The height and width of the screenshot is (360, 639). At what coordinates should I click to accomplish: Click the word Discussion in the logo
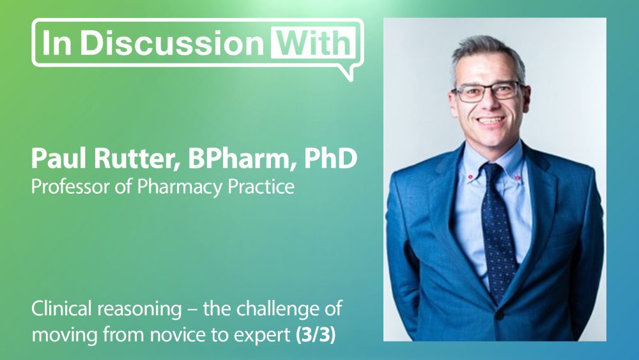pos(172,42)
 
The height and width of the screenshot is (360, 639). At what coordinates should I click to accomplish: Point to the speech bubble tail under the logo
pos(346,73)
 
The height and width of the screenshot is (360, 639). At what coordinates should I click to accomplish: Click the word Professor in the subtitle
pos(70,186)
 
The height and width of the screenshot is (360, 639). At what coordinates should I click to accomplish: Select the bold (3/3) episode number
pos(315,335)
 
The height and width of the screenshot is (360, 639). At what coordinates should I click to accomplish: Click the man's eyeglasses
pos(488,91)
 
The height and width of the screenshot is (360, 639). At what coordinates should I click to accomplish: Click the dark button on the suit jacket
pos(499,315)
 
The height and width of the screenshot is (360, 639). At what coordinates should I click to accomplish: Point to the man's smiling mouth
pos(491,121)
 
